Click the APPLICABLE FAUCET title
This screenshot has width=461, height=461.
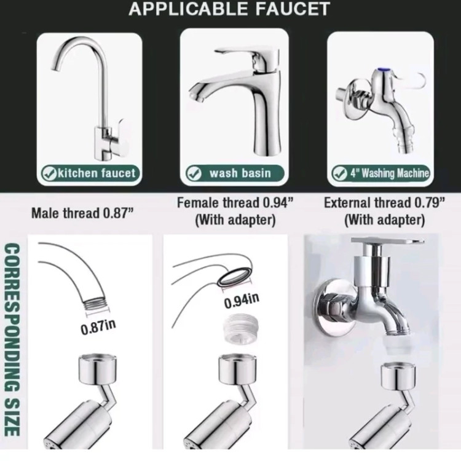(229, 9)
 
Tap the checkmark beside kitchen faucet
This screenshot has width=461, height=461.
(49, 173)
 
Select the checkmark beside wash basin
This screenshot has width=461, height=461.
(194, 173)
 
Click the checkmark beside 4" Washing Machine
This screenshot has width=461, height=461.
(339, 173)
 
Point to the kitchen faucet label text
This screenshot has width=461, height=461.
(97, 173)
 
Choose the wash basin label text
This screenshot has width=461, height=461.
(240, 173)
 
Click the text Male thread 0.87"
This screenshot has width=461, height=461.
(82, 213)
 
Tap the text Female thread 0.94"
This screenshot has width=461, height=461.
(235, 203)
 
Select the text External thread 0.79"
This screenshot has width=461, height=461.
(384, 203)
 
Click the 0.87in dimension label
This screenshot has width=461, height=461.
(98, 327)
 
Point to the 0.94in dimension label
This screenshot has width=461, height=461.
(242, 301)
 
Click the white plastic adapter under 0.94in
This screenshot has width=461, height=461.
(240, 328)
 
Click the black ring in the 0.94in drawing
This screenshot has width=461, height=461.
(235, 276)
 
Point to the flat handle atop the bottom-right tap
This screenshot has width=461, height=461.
(387, 242)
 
